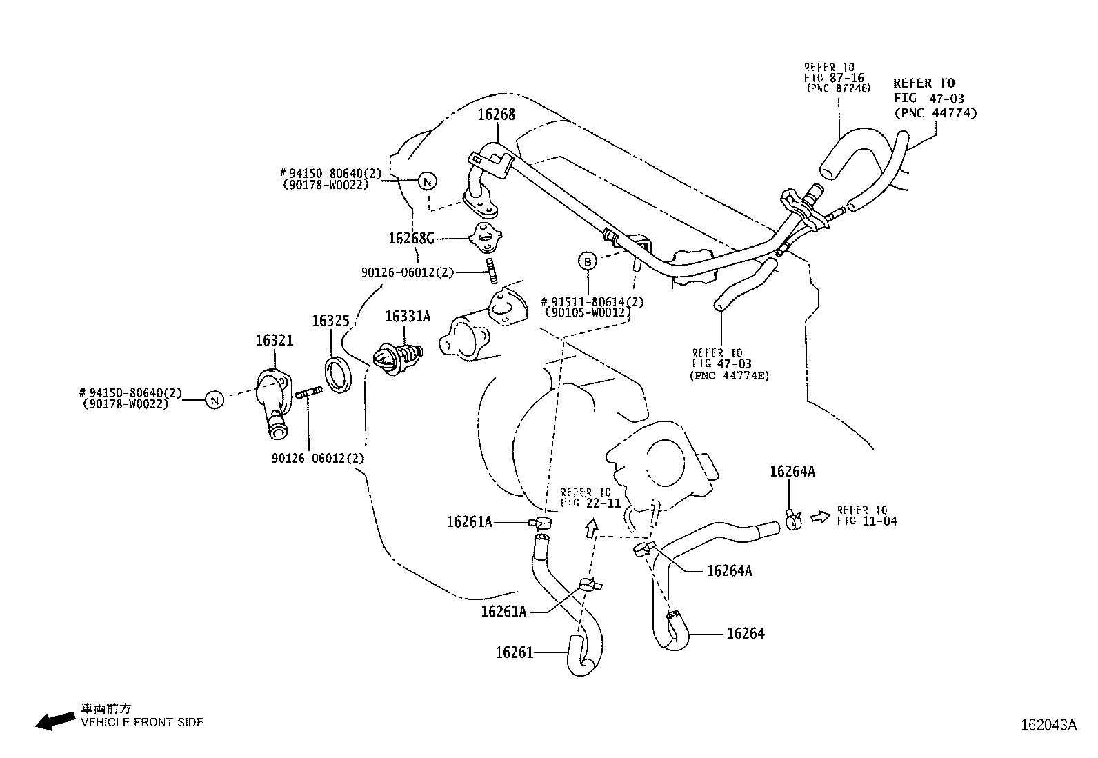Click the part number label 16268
(496, 114)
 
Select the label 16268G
(411, 239)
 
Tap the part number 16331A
(408, 317)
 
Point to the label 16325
(330, 321)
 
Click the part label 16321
(274, 341)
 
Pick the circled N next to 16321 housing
(214, 399)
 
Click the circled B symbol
(587, 261)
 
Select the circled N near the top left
(428, 181)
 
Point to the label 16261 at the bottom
(514, 652)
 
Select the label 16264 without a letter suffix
(746, 633)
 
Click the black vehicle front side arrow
(55, 721)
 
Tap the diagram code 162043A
(1048, 725)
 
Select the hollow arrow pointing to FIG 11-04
(820, 517)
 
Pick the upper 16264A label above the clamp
(792, 472)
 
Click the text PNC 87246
(839, 88)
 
